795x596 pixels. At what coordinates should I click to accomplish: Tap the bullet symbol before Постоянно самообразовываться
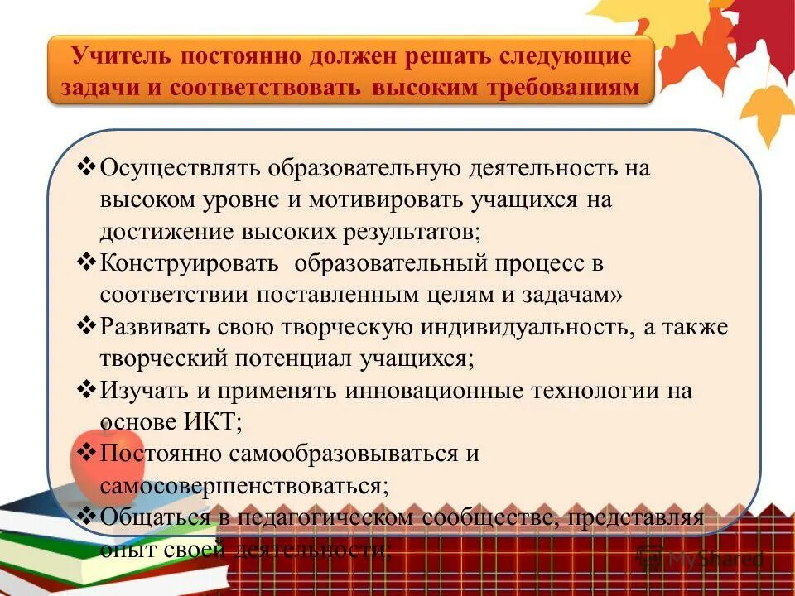point(87,453)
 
